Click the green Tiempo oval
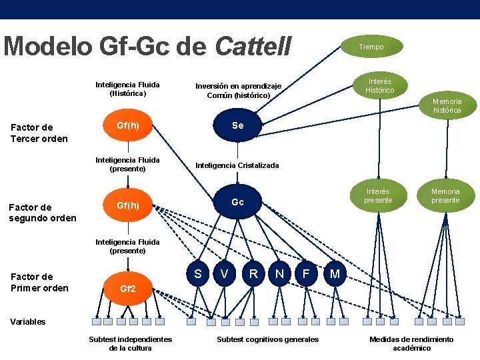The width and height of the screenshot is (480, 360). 371,47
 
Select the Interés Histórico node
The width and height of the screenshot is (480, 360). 380,85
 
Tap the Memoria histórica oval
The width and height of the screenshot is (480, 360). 447,105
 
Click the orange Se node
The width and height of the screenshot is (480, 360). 238,126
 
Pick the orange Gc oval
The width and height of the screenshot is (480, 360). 237,202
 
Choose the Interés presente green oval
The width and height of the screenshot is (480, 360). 378,196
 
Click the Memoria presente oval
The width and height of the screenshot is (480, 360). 445,196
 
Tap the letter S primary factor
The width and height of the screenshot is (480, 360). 197,273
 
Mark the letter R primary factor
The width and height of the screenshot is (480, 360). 253,273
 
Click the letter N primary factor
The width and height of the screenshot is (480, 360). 280,273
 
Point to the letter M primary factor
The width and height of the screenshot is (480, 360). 335,274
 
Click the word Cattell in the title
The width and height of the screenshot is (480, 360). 253,47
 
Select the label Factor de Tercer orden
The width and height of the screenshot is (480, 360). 39,133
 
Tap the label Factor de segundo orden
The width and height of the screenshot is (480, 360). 42,213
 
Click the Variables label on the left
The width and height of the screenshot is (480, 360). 28,321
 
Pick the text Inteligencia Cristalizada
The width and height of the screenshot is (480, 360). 237,165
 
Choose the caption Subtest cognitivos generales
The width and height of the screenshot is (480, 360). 268,339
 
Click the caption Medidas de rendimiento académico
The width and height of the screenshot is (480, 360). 411,343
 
